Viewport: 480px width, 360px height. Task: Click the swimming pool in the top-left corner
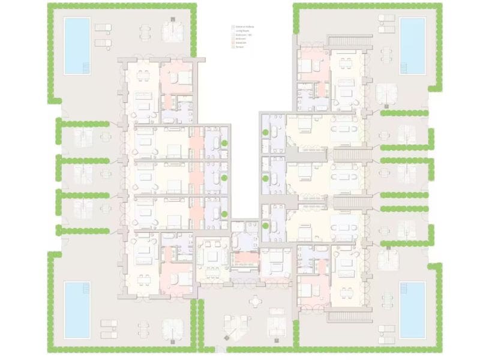tap(77, 45)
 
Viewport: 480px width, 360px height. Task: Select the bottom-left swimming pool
tap(77, 309)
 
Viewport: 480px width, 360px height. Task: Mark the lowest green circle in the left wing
tap(223, 214)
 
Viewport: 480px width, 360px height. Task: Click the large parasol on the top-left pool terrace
tap(173, 29)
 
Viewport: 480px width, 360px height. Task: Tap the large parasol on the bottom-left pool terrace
tap(171, 327)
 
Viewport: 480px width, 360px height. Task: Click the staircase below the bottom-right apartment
tap(350, 316)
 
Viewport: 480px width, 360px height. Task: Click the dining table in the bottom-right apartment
tap(346, 291)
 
